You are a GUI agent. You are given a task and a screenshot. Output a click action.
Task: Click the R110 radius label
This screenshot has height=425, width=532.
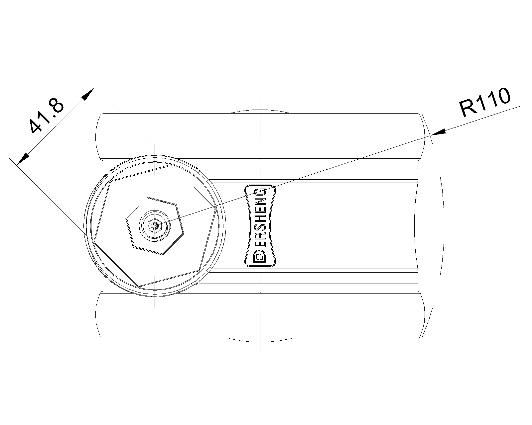coord(485,102)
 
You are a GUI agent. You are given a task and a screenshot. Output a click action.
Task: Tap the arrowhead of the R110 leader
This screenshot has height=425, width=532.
coord(439,132)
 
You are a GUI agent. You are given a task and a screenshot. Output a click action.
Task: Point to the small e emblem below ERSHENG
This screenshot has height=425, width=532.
coord(259,257)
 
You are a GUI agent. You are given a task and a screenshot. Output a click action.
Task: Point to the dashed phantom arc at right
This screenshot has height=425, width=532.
coord(444,226)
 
